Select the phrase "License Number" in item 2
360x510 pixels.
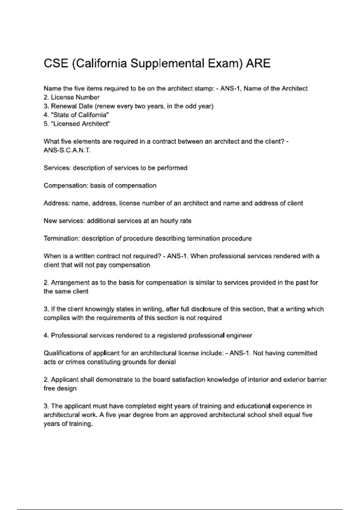click(75, 97)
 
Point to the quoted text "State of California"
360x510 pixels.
click(80, 115)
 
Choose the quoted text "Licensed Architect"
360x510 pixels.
click(81, 124)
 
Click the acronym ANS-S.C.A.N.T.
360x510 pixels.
click(67, 150)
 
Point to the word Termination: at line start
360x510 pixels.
click(61, 239)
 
